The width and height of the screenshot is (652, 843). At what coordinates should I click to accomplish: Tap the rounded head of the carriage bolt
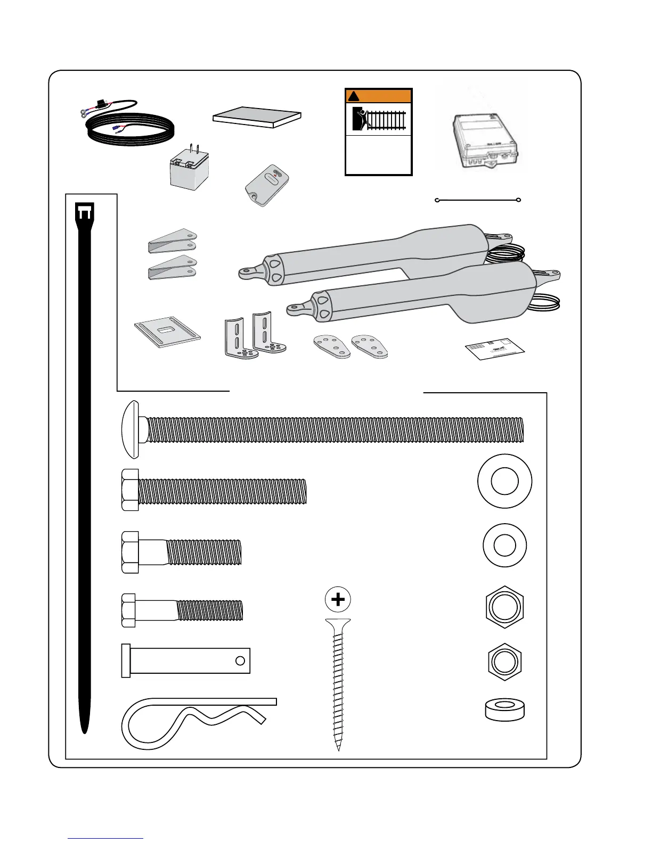[131, 429]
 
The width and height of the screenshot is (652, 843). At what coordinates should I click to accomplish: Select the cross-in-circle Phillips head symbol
[338, 600]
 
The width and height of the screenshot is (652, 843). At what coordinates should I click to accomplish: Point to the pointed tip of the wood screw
[339, 747]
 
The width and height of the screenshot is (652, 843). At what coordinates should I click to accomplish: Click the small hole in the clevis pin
[240, 660]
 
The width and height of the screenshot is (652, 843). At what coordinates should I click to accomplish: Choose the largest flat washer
[504, 481]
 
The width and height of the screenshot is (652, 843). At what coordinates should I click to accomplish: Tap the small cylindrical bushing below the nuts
[504, 709]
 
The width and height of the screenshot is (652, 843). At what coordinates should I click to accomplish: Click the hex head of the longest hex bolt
[131, 490]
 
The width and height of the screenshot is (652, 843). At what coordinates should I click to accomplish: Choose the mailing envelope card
[495, 349]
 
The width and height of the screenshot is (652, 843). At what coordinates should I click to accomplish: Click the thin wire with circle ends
[478, 200]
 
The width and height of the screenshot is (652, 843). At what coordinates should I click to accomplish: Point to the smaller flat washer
[504, 546]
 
